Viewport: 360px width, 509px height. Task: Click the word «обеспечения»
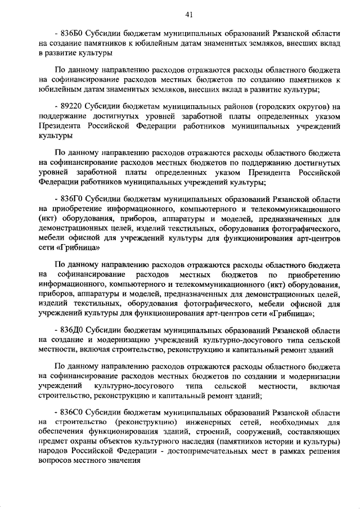click(63, 432)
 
